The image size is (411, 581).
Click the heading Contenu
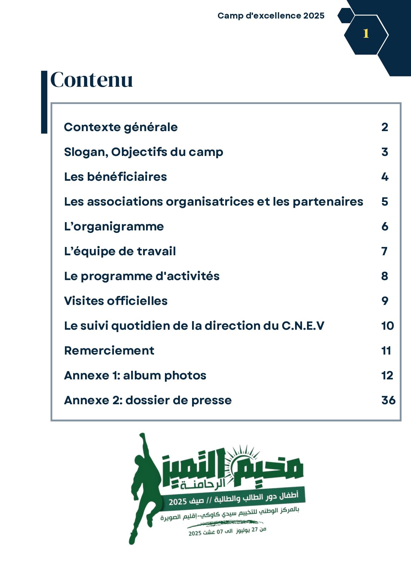tap(91, 80)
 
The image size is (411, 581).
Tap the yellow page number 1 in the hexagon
tap(366, 33)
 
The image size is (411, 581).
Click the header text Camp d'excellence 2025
tap(271, 16)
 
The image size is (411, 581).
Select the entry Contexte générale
tap(121, 127)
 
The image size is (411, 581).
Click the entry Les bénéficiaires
tap(115, 177)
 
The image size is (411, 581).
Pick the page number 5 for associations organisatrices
tap(385, 202)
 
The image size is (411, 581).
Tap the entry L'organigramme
tap(114, 226)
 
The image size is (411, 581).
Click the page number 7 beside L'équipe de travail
tap(384, 251)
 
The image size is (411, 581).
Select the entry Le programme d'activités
tap(141, 276)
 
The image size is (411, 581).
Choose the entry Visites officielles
tap(116, 301)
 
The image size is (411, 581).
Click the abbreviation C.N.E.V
tap(303, 326)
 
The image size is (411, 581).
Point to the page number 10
tap(387, 326)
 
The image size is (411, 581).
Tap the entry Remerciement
tap(109, 351)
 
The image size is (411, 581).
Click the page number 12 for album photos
tap(387, 375)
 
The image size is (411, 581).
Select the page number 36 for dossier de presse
tap(388, 400)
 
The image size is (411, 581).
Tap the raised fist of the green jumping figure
tap(142, 436)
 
